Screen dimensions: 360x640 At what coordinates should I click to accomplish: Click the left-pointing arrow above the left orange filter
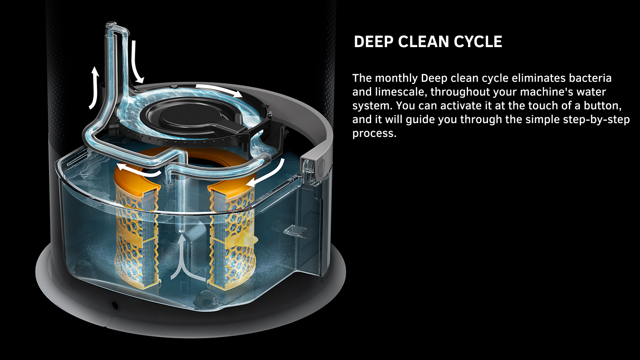click(138, 171)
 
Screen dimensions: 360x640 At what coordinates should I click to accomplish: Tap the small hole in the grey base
click(115, 305)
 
